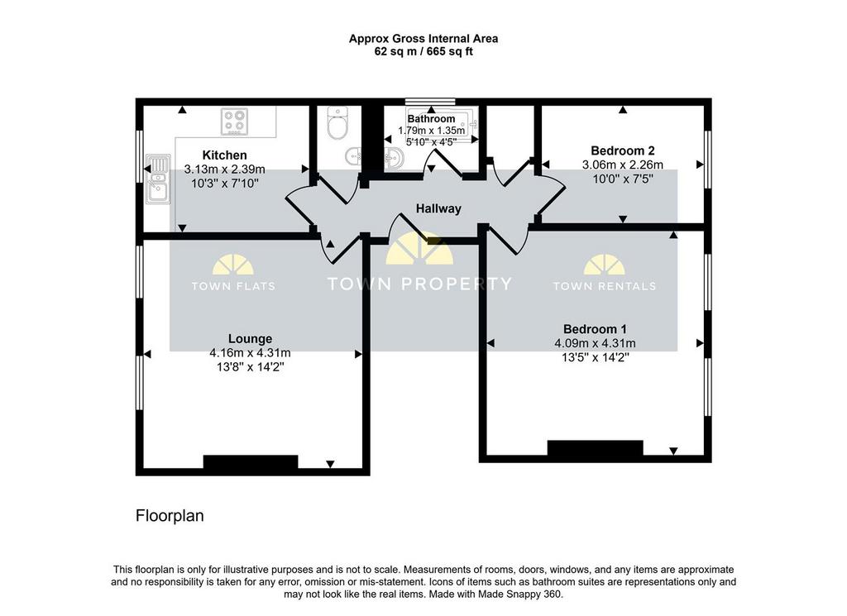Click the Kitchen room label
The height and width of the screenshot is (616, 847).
[x=224, y=155]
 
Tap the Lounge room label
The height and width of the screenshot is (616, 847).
[x=250, y=338]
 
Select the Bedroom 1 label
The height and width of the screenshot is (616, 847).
[x=595, y=329]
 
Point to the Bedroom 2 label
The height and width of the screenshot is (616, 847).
[x=622, y=150]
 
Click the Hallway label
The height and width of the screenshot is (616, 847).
[x=438, y=208]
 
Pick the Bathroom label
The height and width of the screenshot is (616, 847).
[x=431, y=119]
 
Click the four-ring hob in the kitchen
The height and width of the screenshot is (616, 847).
[x=234, y=122]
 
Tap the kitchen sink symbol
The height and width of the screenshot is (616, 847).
[x=158, y=179]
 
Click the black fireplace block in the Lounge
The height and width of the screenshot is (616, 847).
[x=251, y=461]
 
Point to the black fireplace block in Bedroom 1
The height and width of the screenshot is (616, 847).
[x=596, y=447]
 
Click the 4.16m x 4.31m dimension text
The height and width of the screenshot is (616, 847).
[x=250, y=353]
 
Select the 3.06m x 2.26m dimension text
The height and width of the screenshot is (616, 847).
[x=622, y=165]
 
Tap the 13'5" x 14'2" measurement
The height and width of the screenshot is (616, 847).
[x=596, y=357]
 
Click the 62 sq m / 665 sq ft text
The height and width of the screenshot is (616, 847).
[x=423, y=52]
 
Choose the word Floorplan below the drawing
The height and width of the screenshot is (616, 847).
[x=170, y=516]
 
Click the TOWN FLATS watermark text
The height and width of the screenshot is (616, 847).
[x=233, y=286]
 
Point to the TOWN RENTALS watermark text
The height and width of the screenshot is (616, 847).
[x=605, y=286]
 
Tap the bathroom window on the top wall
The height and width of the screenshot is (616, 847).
[x=430, y=101]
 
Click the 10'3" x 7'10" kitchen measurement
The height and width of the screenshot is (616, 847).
[x=225, y=183]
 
